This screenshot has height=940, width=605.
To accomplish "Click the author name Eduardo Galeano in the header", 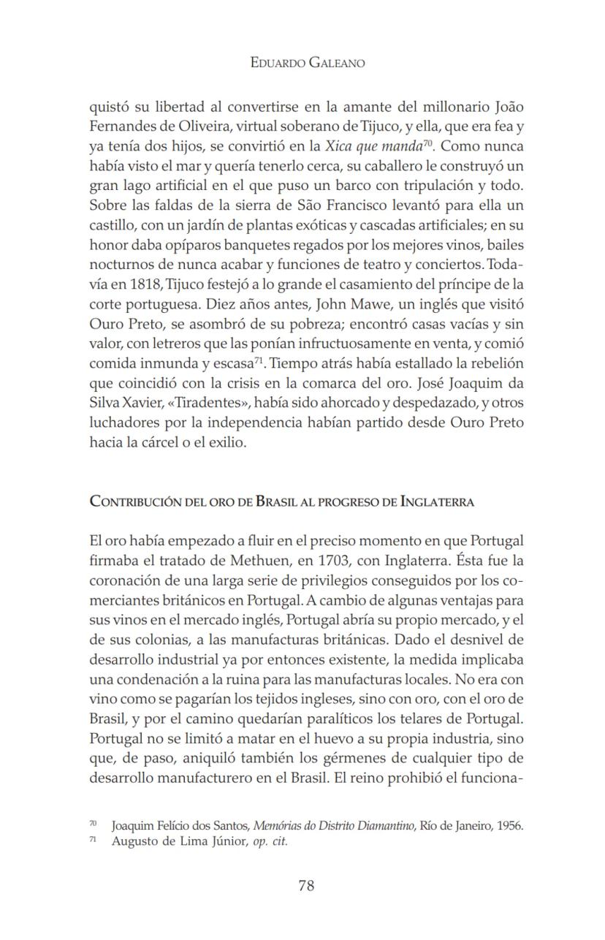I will tap(307, 63).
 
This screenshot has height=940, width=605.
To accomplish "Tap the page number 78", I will tap(306, 886).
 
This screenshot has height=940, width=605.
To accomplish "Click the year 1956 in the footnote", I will tap(509, 826).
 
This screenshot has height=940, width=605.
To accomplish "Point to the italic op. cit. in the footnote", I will tap(270, 841).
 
